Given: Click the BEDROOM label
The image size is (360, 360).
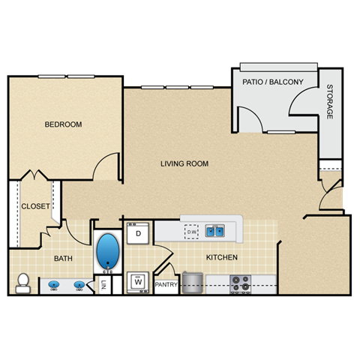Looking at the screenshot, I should tap(63, 124).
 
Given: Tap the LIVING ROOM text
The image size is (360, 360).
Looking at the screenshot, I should tap(184, 163).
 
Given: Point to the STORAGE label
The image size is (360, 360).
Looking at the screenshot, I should tap(329, 104).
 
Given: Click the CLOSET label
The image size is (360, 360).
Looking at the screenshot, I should tap(35, 206).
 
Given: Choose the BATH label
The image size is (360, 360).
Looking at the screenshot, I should tap(63, 259).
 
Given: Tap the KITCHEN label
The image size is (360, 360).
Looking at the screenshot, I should tap(222, 258).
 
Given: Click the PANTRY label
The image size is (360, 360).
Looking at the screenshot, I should tap(166, 286).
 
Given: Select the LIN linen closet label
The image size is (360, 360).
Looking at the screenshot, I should tap(104, 284).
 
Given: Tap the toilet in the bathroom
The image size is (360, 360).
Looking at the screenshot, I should tap(22, 283).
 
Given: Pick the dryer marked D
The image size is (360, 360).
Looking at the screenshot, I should tap(138, 233).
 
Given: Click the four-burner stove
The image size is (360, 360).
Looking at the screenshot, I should tap(240, 283).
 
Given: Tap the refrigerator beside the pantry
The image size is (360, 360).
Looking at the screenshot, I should tap(193, 281).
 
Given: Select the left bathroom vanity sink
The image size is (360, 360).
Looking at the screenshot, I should tap(54, 285).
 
